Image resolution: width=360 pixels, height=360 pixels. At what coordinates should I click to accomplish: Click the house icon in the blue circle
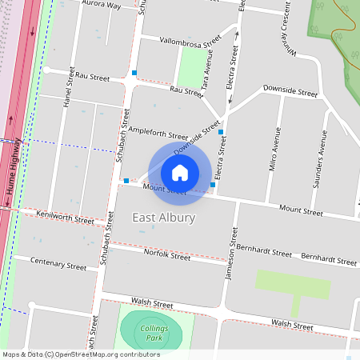(x=180, y=172)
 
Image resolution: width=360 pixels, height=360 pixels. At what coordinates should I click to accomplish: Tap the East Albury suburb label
(x=163, y=218)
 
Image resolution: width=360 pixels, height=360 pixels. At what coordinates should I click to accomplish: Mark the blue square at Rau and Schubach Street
(x=134, y=73)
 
